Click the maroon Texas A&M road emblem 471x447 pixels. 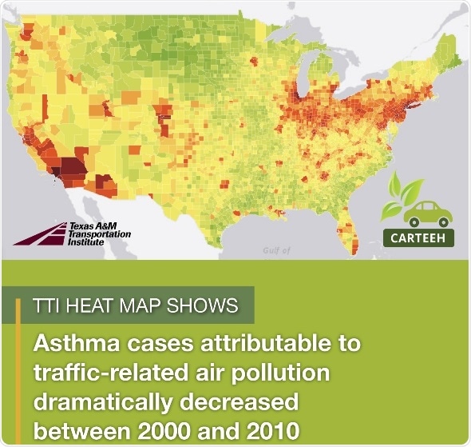coord(40,233)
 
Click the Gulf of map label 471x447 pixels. coord(276,251)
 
